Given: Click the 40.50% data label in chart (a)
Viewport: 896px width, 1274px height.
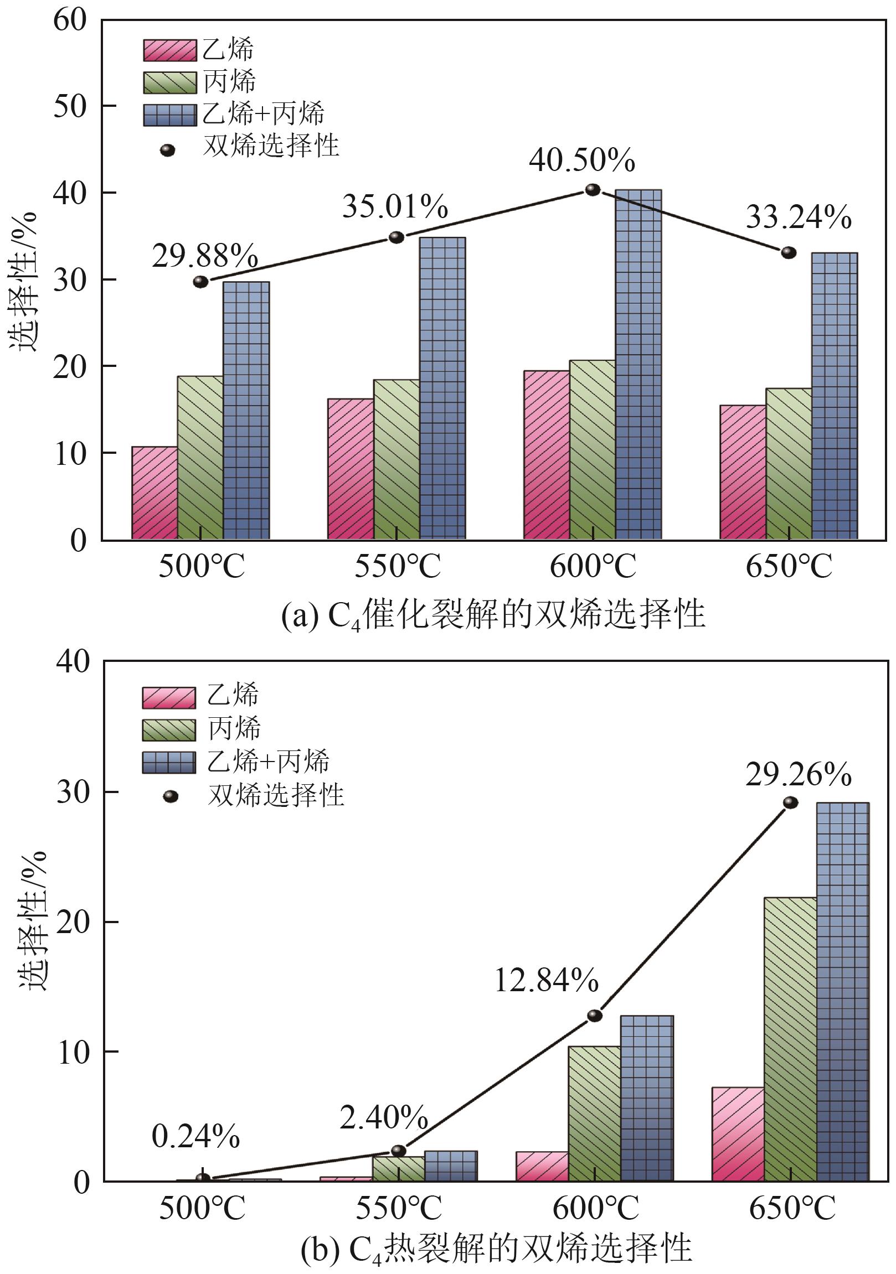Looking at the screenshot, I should pos(581,160).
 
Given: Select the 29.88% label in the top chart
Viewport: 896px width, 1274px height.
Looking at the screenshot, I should pos(205,256).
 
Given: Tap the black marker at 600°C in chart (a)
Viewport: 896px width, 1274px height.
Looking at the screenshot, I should pos(593,190).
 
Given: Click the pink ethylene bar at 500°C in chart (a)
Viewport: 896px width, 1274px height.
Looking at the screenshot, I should pos(155,493).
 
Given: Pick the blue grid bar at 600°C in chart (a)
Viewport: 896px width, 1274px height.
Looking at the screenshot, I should pos(638,364).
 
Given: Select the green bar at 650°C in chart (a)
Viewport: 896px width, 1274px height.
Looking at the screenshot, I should pos(789,463).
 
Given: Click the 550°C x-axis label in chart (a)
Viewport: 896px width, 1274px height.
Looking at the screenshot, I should pos(398,567).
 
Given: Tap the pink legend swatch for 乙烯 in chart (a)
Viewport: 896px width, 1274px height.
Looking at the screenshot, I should pos(169,50).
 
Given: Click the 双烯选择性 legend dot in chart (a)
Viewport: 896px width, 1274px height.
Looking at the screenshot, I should pos(168,150).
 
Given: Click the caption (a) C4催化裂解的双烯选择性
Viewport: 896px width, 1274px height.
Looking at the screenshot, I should pos(493,615).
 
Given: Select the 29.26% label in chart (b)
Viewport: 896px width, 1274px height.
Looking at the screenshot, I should pos(798,775).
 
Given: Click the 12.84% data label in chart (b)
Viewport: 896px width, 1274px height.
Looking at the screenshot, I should pos(546,981).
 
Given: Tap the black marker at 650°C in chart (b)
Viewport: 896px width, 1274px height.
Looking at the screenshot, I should pos(791,803).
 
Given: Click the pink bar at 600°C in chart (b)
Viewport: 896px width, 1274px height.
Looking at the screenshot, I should pos(542,1166).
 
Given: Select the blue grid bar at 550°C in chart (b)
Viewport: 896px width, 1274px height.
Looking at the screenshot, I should pos(451,1166).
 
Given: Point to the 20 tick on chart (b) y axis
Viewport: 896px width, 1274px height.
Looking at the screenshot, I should pos(73,921).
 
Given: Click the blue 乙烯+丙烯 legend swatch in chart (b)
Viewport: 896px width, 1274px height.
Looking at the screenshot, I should pos(169,763).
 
